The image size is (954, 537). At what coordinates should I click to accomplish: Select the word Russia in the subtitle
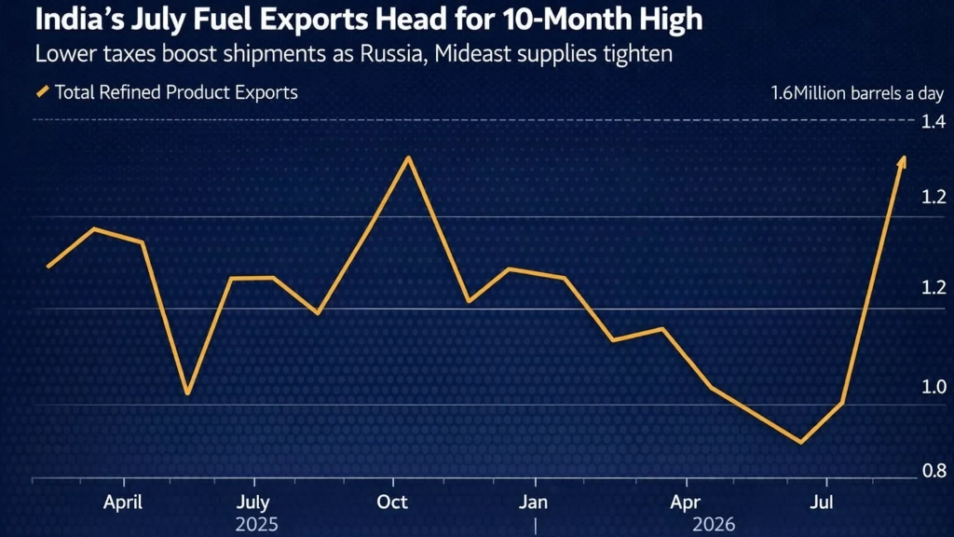[390, 54]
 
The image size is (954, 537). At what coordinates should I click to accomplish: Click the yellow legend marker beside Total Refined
[43, 92]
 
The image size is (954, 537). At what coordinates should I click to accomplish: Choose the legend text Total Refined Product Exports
[176, 92]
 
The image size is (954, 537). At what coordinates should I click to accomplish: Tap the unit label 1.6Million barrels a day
[857, 93]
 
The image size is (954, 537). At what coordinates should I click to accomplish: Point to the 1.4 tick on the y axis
[933, 122]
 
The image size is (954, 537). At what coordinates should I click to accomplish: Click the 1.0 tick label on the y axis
[934, 387]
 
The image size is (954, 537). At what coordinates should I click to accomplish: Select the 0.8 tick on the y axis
[934, 471]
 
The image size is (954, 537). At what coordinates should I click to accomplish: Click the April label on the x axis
[122, 503]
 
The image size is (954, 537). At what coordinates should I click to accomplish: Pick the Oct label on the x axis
[392, 503]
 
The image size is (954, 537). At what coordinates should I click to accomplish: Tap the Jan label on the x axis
[533, 503]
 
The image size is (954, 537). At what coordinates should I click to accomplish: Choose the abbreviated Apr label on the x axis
[686, 503]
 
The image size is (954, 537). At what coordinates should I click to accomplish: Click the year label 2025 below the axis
[256, 524]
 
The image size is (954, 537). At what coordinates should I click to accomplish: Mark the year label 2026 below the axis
[713, 524]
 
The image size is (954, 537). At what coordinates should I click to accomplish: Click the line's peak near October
[409, 158]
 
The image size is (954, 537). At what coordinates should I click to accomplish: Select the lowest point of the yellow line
[800, 443]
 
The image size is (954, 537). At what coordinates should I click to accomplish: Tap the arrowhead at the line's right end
[903, 160]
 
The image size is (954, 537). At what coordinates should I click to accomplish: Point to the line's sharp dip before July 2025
[187, 392]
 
